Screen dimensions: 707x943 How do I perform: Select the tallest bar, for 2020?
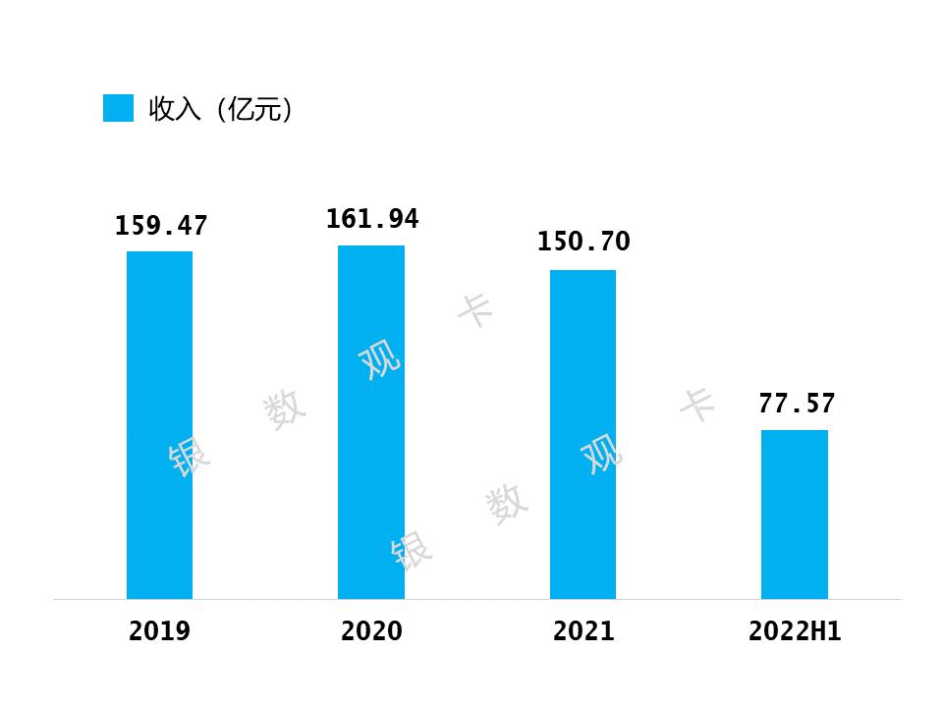pos(371,421)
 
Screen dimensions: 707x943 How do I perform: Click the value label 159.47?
pos(161,226)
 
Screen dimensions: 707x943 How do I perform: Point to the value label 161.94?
pos(372,219)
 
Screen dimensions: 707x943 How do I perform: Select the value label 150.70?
pos(583,242)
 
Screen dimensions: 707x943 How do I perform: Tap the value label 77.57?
pos(796,404)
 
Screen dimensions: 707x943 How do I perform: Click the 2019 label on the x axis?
pos(159,631)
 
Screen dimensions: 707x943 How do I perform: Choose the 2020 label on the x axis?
pos(371,631)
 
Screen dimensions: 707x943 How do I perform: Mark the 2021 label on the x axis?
pos(583,631)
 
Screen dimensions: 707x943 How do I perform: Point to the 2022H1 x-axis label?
pos(795,631)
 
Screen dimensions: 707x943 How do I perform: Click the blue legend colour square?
pos(118,108)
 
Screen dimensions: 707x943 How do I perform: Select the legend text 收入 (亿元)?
pos(220,109)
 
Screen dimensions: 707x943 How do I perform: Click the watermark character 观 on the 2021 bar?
pos(602,454)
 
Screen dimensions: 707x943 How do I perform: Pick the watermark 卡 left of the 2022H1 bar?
pos(698,404)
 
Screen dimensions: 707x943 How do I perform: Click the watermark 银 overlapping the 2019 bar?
pos(189,457)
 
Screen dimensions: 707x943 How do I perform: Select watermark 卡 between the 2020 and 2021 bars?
pos(476,310)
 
